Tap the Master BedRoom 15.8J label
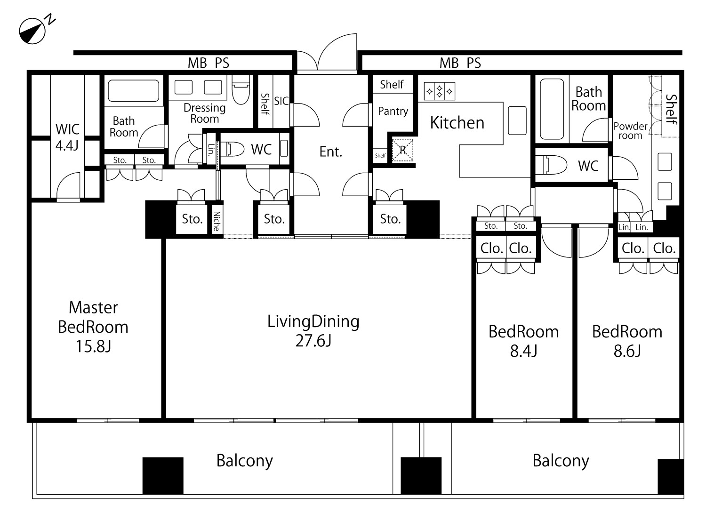[x=93, y=327]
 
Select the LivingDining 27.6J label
[x=313, y=331]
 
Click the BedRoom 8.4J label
[x=523, y=341]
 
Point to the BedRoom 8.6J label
[x=627, y=341]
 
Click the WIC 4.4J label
[x=67, y=137]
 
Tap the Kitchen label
[x=457, y=123]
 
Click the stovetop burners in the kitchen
[x=439, y=91]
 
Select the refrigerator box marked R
[x=402, y=150]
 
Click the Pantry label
[x=393, y=111]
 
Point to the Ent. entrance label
[x=330, y=152]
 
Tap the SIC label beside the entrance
[x=281, y=101]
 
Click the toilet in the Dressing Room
[x=241, y=89]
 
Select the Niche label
[x=216, y=221]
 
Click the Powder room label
[x=630, y=131]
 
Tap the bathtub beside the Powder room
[x=552, y=109]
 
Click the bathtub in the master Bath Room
[x=133, y=90]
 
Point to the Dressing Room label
[x=205, y=113]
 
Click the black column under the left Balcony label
[x=163, y=475]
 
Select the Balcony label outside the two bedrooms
[x=561, y=461]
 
